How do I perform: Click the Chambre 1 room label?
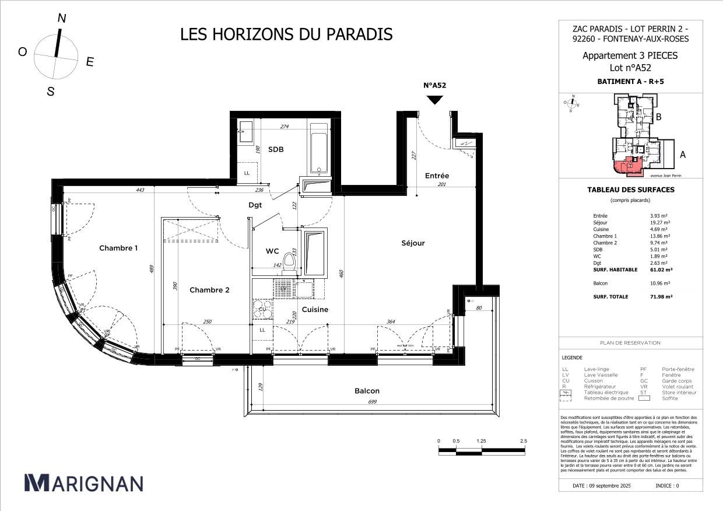[118, 248]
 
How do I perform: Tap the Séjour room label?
[412, 243]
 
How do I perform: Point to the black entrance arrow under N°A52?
[434, 100]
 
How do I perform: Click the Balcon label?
[367, 391]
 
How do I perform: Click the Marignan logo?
[83, 483]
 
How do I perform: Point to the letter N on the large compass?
[61, 19]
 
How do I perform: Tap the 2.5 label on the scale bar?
[523, 441]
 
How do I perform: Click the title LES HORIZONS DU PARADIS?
[286, 34]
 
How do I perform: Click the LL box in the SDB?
[247, 173]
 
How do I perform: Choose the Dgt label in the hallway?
[255, 205]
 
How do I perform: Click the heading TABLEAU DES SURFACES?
[630, 190]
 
